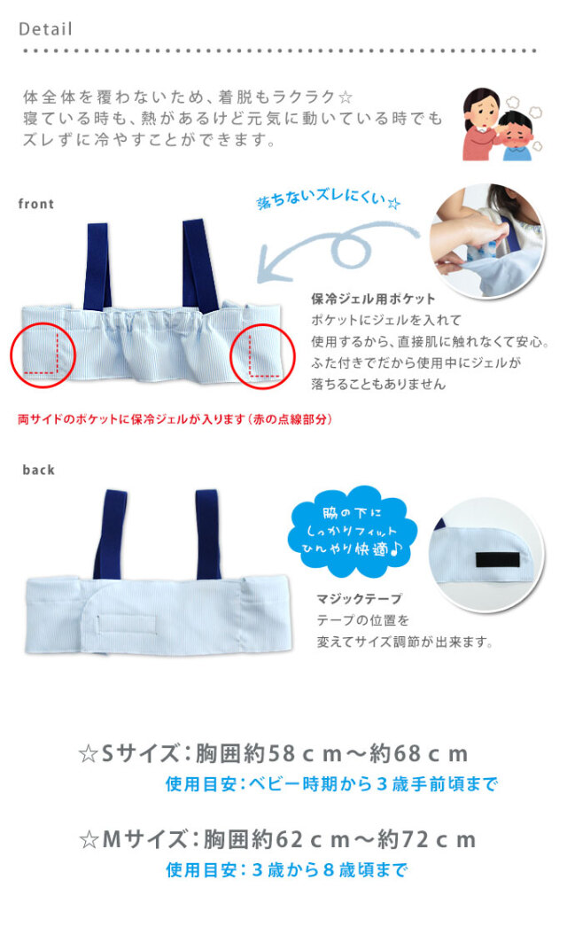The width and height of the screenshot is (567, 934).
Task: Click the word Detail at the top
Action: [45, 28]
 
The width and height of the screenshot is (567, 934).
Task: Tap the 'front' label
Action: [36, 204]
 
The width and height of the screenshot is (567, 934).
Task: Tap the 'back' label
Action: [38, 470]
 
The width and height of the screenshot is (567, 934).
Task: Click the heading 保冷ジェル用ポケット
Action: [373, 299]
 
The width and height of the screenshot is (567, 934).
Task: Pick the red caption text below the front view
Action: [175, 418]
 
